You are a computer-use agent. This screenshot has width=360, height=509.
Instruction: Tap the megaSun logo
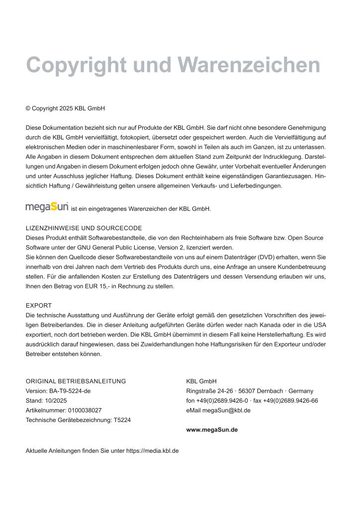coord(47,206)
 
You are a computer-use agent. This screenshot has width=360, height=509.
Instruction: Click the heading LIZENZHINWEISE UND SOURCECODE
coord(84,228)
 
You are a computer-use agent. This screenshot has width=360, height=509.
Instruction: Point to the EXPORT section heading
coord(39,305)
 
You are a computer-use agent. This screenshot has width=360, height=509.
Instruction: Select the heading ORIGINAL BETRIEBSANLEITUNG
coord(76,381)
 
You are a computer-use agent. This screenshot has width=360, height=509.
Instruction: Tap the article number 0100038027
coord(85,410)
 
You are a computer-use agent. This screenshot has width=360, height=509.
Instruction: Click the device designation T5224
coord(122,420)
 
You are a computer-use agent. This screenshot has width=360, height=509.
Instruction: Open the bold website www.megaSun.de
coord(212,429)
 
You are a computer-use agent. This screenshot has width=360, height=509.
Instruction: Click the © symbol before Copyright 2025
coord(28,108)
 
